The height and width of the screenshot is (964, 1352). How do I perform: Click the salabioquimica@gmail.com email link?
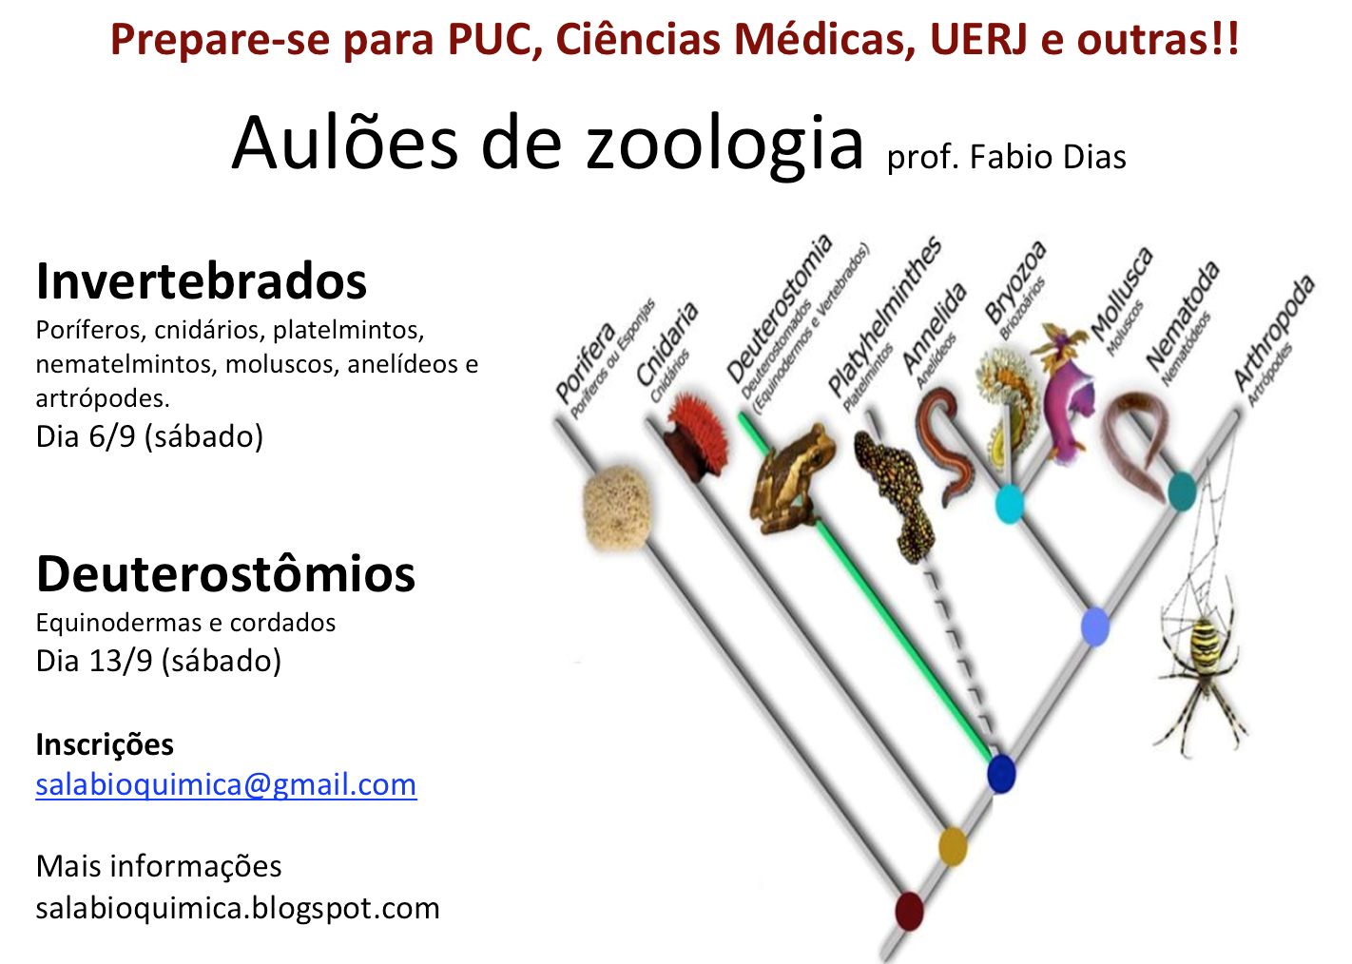(x=225, y=785)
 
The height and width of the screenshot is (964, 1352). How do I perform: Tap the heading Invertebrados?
(x=201, y=281)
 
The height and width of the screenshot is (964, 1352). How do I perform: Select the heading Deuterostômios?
(x=225, y=574)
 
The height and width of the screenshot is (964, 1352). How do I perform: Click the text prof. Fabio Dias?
(x=1006, y=158)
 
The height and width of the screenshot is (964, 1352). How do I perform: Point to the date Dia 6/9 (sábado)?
(x=149, y=436)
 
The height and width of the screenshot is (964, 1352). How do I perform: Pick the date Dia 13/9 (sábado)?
(x=158, y=661)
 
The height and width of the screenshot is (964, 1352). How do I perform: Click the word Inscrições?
(x=105, y=744)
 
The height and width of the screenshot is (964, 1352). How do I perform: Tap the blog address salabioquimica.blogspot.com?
(x=238, y=908)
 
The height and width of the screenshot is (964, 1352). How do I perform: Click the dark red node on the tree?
(x=909, y=910)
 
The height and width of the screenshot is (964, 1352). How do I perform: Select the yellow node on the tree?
(x=953, y=845)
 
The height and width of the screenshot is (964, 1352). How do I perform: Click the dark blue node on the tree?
(x=1001, y=773)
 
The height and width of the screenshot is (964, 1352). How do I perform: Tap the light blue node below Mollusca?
(x=1095, y=627)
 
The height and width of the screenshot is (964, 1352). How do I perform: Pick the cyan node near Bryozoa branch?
(x=1009, y=504)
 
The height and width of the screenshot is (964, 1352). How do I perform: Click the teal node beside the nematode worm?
(x=1181, y=491)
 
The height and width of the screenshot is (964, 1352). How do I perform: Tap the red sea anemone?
(x=695, y=434)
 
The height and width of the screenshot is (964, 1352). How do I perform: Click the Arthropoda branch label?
(x=1273, y=333)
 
